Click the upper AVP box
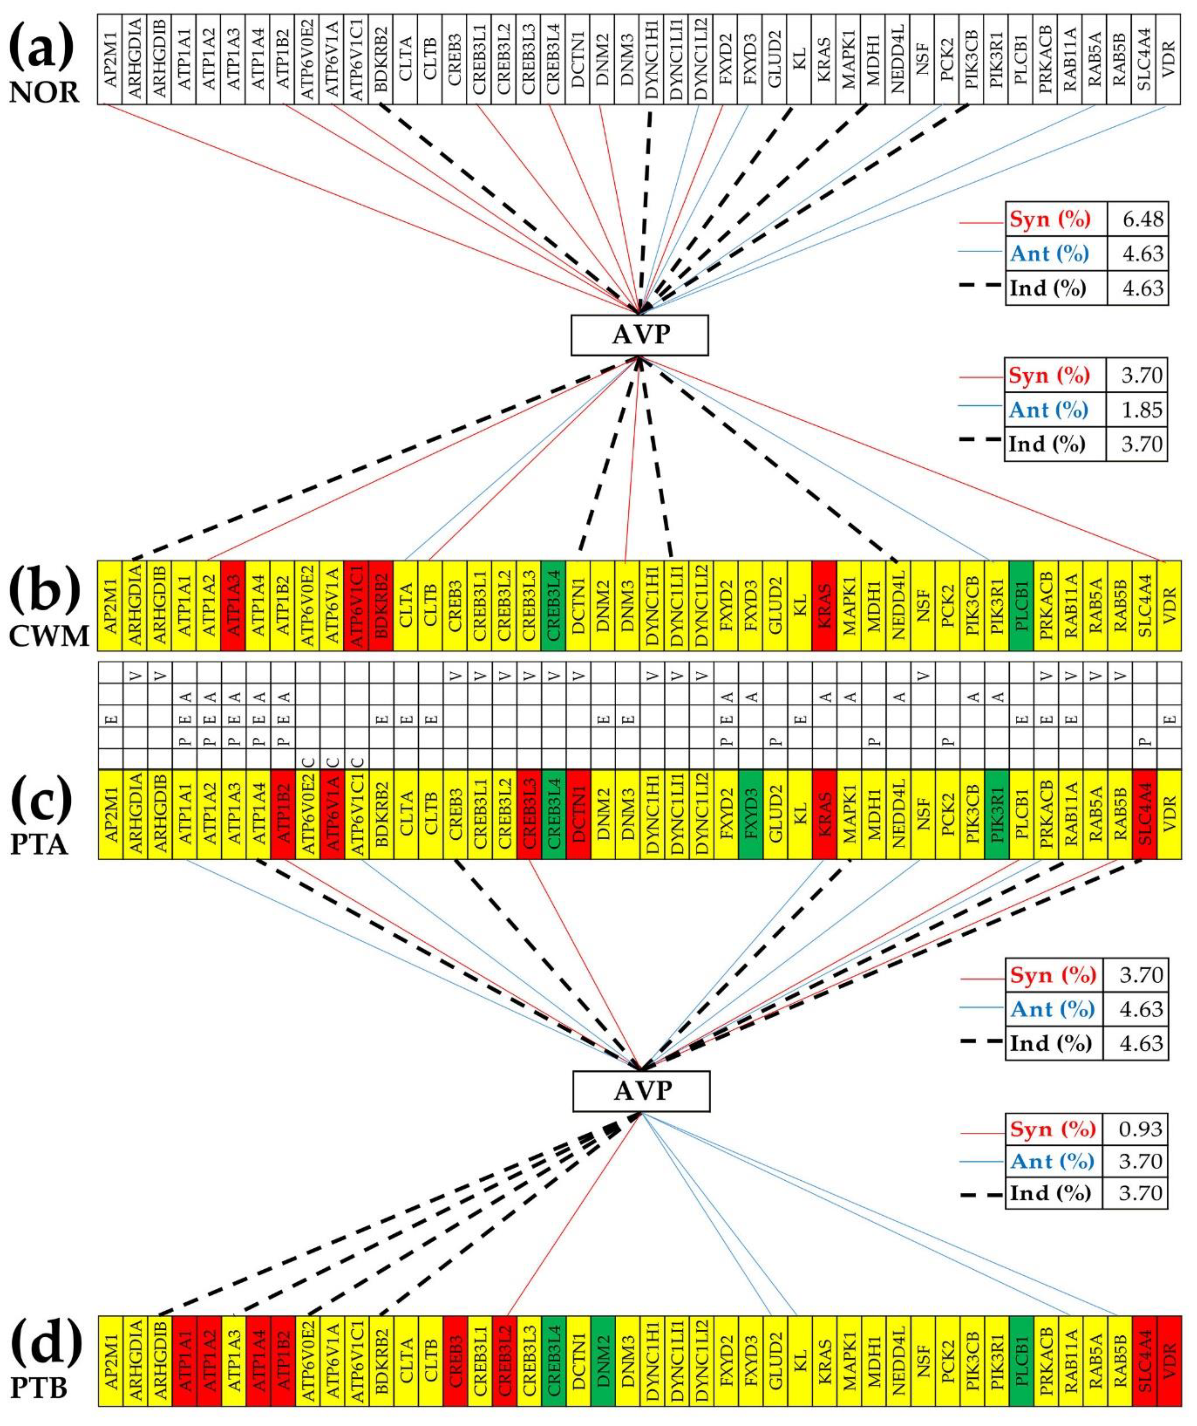coord(640,335)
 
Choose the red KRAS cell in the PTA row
coord(825,814)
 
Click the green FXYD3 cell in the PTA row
coord(751,814)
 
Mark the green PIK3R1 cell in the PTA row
coord(997,814)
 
